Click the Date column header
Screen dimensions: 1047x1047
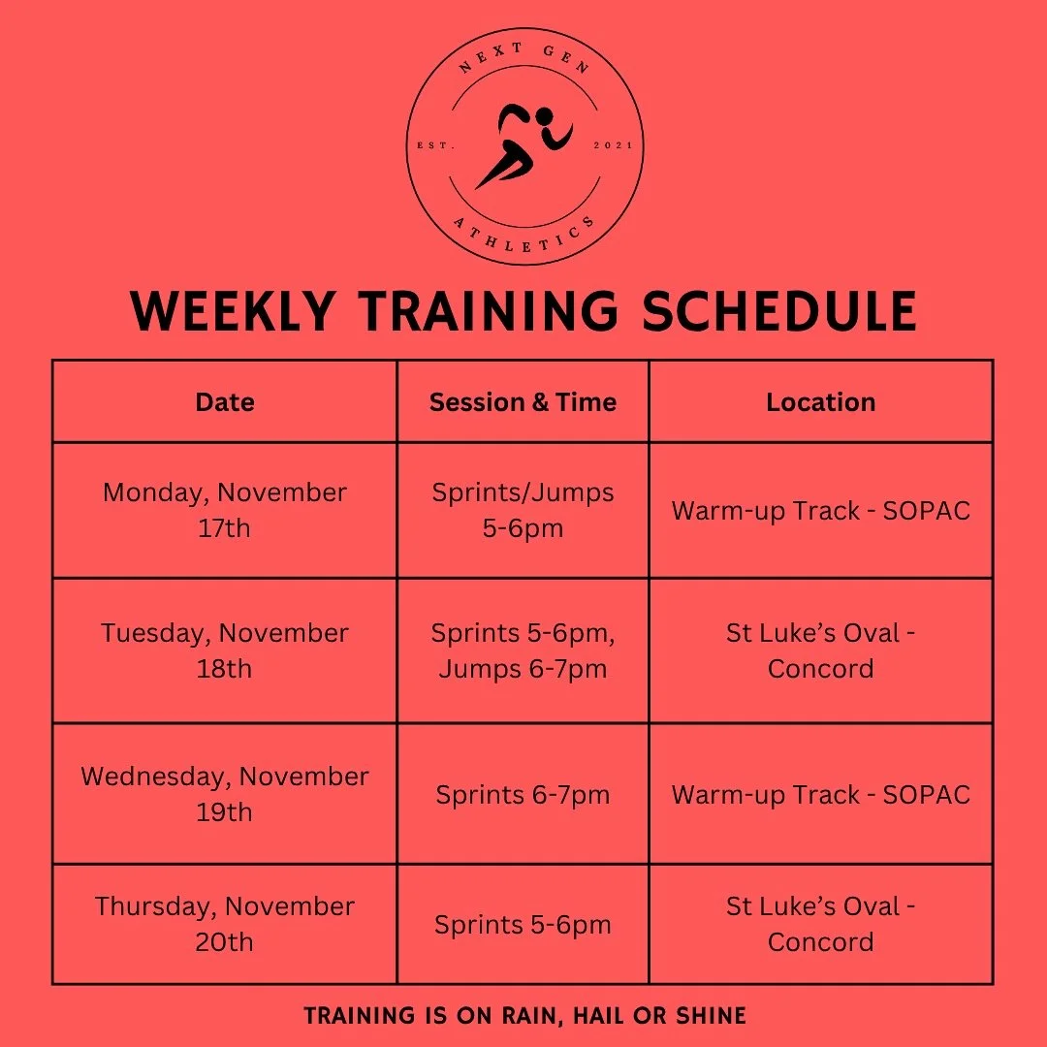coord(225,402)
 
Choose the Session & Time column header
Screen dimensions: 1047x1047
coord(523,402)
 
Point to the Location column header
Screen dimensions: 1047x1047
coord(820,402)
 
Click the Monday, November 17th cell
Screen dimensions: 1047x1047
coord(225,510)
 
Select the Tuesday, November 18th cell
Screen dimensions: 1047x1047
coord(225,650)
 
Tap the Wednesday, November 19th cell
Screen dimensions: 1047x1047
coord(225,794)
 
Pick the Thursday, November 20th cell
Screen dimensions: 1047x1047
coord(225,924)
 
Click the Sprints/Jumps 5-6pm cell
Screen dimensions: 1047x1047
coord(523,510)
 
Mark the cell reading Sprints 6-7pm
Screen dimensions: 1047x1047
coord(523,795)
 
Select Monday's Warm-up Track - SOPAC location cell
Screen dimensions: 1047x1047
coord(820,511)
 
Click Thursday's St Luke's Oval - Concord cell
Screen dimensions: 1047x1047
coord(820,924)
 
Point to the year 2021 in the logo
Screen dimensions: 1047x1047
coord(612,145)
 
